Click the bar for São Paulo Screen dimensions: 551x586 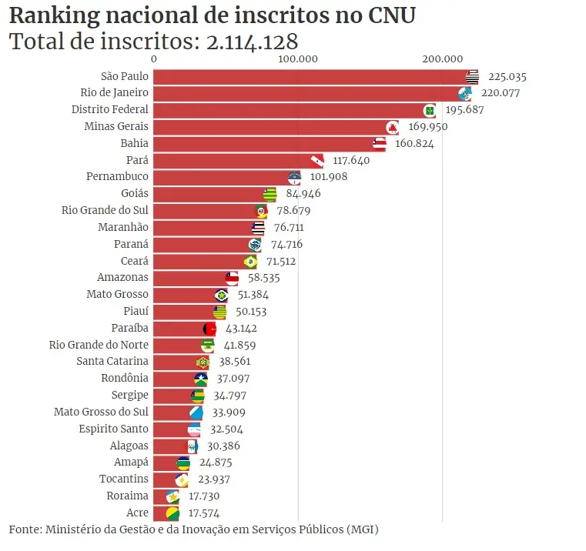tap(308, 76)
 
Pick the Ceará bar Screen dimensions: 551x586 tap(200, 261)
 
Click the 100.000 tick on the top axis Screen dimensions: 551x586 tap(298, 58)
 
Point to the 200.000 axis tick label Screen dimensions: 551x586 tap(442, 58)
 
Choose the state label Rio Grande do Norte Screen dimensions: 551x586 tap(99, 345)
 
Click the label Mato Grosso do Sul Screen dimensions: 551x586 tap(101, 412)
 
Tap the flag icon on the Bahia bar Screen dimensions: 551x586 tap(379, 143)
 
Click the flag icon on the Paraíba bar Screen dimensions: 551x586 tap(209, 328)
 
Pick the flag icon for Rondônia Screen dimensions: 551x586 tap(201, 379)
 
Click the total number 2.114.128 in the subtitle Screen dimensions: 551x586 tap(253, 41)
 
